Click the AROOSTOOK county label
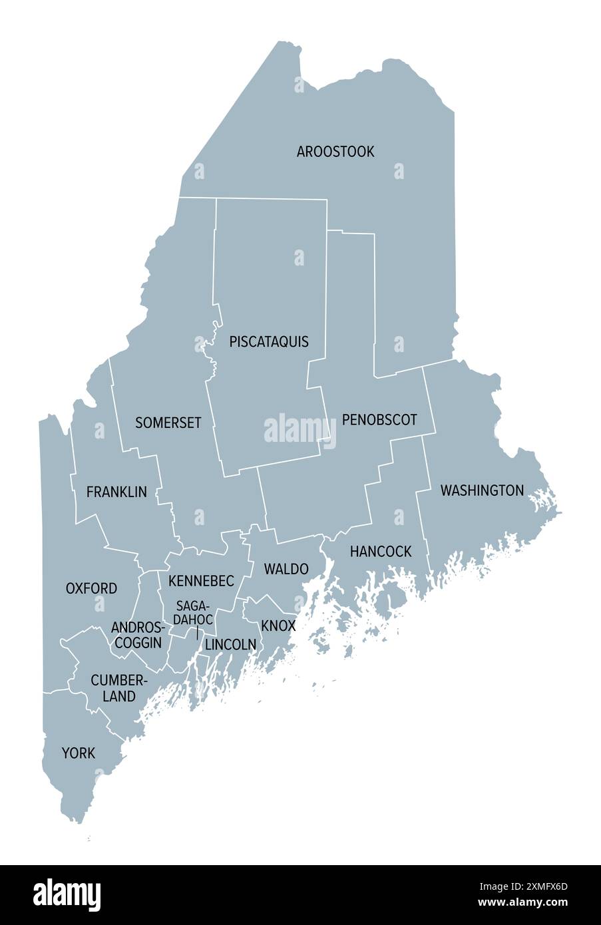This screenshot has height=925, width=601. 335,152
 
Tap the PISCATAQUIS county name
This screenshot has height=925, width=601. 269,342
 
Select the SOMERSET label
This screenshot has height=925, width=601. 168,423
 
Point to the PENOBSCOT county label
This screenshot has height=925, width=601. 379,420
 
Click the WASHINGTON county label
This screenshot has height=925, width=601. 482,491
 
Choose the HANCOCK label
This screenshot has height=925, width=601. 381,552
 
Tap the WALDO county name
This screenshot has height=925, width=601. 286,569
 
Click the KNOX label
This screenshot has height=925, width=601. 278,626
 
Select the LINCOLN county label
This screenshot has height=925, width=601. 230,645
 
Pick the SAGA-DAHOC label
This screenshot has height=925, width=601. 194,613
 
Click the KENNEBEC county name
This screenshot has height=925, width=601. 201,582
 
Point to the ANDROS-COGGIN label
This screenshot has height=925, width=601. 138,635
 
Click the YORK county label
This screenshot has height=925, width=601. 79,753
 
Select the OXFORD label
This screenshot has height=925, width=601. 91,589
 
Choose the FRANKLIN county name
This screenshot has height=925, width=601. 116,492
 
